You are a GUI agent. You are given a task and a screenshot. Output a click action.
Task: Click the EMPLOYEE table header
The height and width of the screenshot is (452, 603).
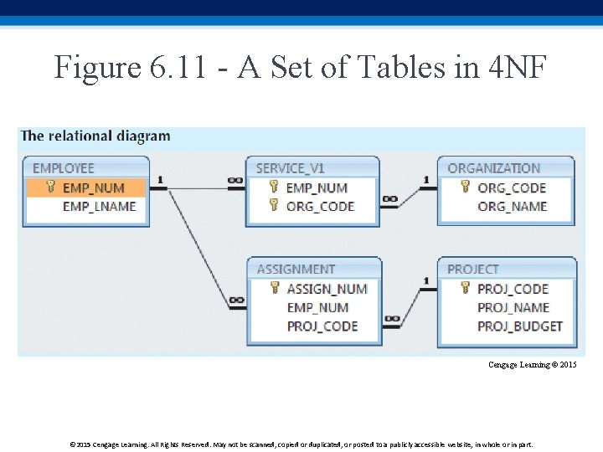click(x=64, y=168)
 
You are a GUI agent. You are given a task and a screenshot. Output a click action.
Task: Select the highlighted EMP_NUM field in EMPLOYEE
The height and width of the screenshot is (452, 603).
click(x=93, y=187)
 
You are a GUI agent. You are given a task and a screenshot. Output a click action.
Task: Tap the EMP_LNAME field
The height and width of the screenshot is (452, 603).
click(x=99, y=207)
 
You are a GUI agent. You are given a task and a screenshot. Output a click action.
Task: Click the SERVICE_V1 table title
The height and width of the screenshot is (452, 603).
click(x=291, y=168)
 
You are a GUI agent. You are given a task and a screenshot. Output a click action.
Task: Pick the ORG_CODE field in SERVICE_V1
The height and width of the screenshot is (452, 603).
click(x=320, y=207)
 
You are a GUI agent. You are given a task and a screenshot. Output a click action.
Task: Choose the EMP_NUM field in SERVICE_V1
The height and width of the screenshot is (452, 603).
click(x=317, y=187)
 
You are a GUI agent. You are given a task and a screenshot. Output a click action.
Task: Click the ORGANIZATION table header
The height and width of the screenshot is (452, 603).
click(x=494, y=168)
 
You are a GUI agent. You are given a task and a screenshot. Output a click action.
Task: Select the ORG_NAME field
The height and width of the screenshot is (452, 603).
click(x=512, y=207)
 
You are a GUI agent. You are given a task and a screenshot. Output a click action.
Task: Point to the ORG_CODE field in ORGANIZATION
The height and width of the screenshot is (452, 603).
click(x=511, y=187)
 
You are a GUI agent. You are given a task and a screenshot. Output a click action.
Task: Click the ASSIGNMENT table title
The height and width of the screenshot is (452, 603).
click(x=296, y=270)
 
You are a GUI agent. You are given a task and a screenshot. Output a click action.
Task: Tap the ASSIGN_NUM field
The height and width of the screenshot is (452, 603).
click(x=327, y=289)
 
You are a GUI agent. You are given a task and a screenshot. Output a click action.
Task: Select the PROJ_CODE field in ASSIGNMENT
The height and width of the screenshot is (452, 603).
click(x=322, y=326)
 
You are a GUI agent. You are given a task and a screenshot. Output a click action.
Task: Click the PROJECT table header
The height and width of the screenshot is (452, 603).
click(x=473, y=270)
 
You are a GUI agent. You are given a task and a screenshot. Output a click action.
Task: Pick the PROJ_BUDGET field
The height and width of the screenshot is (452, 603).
click(x=520, y=326)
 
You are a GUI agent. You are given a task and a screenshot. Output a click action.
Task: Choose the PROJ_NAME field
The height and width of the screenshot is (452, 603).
click(x=513, y=307)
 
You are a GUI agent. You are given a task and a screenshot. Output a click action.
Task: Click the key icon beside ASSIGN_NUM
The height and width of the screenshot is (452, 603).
click(x=274, y=288)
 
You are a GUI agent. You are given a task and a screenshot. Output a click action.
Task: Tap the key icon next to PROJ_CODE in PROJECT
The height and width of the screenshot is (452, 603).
click(x=466, y=288)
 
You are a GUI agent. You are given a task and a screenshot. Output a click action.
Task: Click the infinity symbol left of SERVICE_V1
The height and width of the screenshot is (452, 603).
click(x=235, y=180)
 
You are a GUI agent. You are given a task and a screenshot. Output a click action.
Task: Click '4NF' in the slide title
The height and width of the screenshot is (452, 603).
click(x=515, y=67)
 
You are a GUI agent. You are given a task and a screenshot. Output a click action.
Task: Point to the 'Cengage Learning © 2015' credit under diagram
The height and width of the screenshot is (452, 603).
click(x=533, y=365)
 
